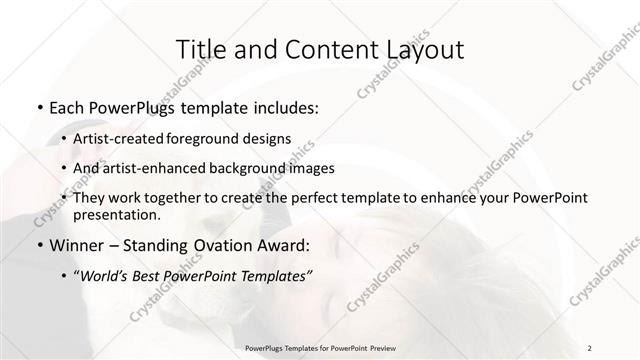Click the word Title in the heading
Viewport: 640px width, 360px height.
pos(199,49)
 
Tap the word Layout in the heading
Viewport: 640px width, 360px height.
pos(417,49)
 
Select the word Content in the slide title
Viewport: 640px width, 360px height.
pos(319,49)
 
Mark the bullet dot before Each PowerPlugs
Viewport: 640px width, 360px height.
pos(39,108)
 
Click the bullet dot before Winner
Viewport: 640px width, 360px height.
pos(39,245)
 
